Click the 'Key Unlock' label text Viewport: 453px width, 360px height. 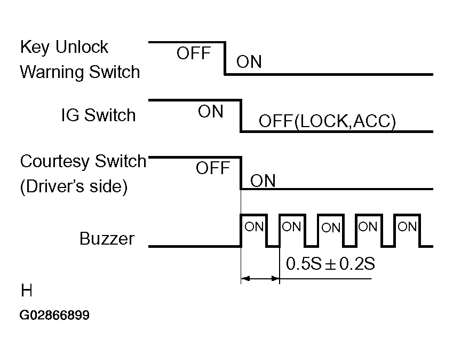(63, 48)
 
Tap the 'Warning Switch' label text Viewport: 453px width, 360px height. (80, 72)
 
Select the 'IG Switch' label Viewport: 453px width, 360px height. (98, 115)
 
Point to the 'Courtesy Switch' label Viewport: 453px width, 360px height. (83, 161)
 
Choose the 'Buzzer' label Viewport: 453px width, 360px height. (107, 238)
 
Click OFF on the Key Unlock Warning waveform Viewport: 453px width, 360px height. (194, 54)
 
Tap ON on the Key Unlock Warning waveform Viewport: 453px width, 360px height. (249, 62)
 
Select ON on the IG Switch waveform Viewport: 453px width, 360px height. (211, 112)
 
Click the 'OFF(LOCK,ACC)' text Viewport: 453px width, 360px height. (327, 122)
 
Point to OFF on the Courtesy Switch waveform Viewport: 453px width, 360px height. (212, 169)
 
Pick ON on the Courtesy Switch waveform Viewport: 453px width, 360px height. (263, 181)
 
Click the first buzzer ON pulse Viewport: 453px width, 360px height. (254, 227)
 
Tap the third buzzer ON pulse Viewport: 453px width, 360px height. (331, 228)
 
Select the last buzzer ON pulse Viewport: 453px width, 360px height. (407, 227)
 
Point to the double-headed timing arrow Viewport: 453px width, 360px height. (260, 278)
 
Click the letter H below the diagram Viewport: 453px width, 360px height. (27, 291)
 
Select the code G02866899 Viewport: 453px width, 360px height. (54, 316)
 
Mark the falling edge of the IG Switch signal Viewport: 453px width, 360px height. (241, 115)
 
